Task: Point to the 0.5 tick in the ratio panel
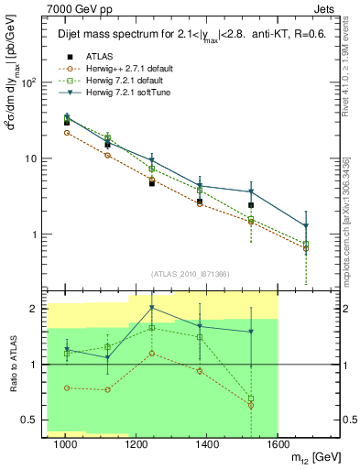pyautogui.click(x=36, y=420)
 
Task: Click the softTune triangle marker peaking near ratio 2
pyautogui.click(x=152, y=308)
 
